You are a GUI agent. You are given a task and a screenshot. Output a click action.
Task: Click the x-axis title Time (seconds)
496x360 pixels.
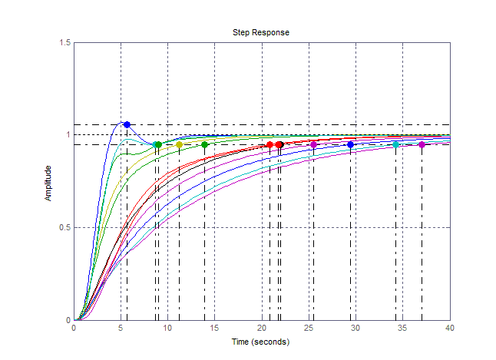pos(261,342)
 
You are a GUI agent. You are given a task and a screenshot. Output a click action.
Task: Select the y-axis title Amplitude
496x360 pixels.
pos(48,183)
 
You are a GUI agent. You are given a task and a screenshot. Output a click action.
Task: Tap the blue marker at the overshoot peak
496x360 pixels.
pos(127,124)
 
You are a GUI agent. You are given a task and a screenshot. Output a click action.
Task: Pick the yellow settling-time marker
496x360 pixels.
pos(179,144)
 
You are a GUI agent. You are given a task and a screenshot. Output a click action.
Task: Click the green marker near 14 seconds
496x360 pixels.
pos(205,144)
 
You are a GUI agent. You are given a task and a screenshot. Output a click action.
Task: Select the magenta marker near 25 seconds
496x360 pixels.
pos(313,144)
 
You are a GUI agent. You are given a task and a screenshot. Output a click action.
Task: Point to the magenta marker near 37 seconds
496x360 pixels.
pos(422,144)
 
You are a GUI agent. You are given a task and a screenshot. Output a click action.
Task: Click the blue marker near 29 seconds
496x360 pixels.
pos(351,144)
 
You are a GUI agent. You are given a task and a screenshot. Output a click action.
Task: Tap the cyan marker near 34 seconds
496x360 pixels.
pos(396,144)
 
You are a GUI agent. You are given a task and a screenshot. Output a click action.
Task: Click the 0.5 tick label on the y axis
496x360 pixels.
pos(64,228)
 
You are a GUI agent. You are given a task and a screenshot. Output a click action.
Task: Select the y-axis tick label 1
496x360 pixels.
pos(68,135)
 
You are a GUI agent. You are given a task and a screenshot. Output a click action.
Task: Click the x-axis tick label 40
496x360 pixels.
pos(450,329)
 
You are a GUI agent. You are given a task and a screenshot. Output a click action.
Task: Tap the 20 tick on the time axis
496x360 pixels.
pos(262,329)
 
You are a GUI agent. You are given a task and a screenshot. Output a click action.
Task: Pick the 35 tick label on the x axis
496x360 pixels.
pos(403,329)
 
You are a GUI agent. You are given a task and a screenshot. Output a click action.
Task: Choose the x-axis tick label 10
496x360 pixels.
pos(167,329)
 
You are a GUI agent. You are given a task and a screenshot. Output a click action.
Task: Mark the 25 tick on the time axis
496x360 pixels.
pos(309,329)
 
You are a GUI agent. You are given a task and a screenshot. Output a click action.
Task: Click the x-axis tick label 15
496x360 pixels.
pos(214,329)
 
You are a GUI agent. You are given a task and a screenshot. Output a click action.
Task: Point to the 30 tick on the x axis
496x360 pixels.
pos(355,329)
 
